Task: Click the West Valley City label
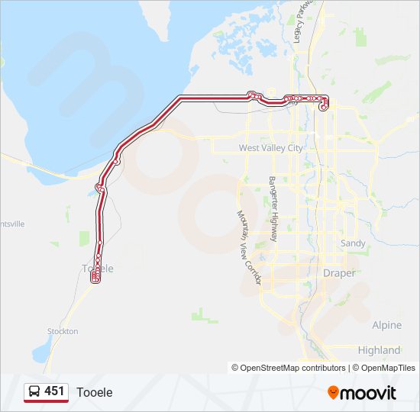click(x=270, y=148)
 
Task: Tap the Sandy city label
click(x=353, y=243)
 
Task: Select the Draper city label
click(x=339, y=272)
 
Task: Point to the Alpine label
click(x=386, y=325)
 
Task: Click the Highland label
click(x=379, y=350)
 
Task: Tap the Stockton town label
click(x=63, y=331)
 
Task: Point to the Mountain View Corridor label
click(x=249, y=248)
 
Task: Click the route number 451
click(x=54, y=391)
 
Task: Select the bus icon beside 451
click(x=34, y=392)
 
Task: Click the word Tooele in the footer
click(x=94, y=392)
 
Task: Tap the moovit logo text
click(x=369, y=393)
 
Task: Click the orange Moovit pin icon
click(x=334, y=392)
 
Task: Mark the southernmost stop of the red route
click(x=95, y=281)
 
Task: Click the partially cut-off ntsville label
click(x=13, y=224)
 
